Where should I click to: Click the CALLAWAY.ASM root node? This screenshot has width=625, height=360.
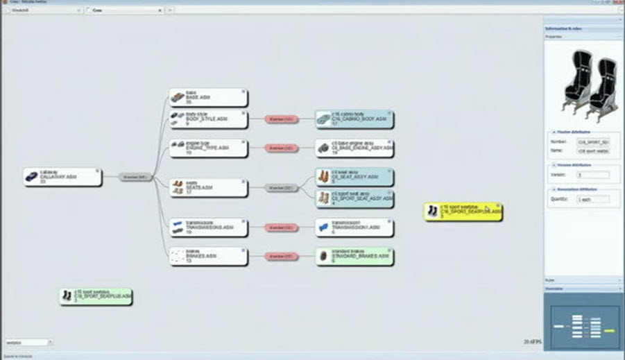click(x=62, y=177)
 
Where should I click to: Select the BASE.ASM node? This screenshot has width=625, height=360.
click(x=208, y=97)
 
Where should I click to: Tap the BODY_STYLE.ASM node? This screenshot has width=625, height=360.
click(x=208, y=119)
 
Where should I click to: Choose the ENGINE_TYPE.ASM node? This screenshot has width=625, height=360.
click(x=208, y=148)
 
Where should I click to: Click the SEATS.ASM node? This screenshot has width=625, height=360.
click(x=208, y=187)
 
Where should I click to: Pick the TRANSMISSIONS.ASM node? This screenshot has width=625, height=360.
click(x=208, y=227)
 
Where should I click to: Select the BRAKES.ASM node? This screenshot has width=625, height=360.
click(x=208, y=257)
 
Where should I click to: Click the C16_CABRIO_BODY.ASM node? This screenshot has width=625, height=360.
click(x=354, y=119)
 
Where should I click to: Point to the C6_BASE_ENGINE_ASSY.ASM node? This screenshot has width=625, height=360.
click(x=354, y=148)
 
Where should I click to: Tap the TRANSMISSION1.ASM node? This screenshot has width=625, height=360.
click(x=354, y=227)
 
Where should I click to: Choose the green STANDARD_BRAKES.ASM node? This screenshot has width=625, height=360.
click(x=354, y=257)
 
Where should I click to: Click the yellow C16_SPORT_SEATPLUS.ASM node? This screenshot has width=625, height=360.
click(x=463, y=212)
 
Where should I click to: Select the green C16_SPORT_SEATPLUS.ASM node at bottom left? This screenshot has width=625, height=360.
click(x=95, y=297)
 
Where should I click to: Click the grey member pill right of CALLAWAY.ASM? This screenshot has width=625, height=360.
click(x=135, y=177)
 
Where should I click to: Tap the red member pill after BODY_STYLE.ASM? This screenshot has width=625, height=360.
click(x=280, y=119)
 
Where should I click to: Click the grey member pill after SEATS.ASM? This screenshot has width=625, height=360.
click(x=280, y=187)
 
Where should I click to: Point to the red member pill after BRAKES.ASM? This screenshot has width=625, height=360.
click(x=280, y=257)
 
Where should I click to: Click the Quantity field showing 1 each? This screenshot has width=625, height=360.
click(x=593, y=199)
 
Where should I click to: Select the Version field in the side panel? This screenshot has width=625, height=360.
click(x=593, y=175)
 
